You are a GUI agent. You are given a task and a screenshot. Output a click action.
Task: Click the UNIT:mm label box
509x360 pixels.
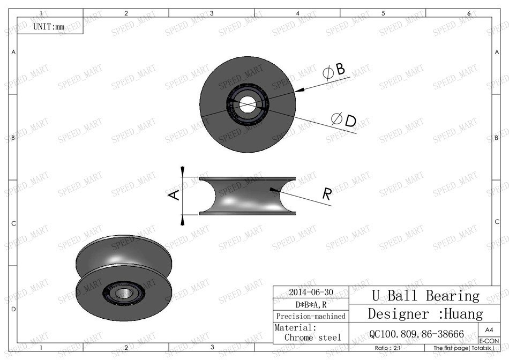pos(49,26)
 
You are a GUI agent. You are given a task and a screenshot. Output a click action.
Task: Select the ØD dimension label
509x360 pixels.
pos(343,121)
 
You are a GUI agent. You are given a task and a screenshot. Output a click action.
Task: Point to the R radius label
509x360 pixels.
pos(327,194)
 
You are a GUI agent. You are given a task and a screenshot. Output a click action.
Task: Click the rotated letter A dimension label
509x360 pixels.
pos(174,196)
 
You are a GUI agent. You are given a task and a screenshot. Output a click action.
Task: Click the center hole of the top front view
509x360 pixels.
pos(248,104)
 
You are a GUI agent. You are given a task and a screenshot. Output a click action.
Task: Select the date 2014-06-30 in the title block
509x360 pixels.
pos(311,292)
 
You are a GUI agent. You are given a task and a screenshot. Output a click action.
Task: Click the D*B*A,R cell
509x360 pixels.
pos(311,305)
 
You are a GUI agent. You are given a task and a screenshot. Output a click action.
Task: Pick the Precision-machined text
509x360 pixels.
pos(311,316)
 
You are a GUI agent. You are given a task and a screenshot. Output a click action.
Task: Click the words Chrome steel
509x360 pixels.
pos(312,337)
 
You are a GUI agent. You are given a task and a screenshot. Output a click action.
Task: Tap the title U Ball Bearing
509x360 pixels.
pos(425,296)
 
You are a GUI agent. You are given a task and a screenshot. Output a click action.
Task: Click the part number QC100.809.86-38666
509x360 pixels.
pos(416,334)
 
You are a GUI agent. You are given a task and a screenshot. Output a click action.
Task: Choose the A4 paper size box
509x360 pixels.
pos(489,330)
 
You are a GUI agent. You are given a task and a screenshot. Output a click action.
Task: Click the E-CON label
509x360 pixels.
pos(489,341)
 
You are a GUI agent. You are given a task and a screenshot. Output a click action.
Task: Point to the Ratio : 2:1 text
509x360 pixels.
pos(390,348)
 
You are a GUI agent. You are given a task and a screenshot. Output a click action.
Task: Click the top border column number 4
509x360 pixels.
pos(297,13)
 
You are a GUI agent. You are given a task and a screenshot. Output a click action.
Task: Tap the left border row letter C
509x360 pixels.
pos(13,223)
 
